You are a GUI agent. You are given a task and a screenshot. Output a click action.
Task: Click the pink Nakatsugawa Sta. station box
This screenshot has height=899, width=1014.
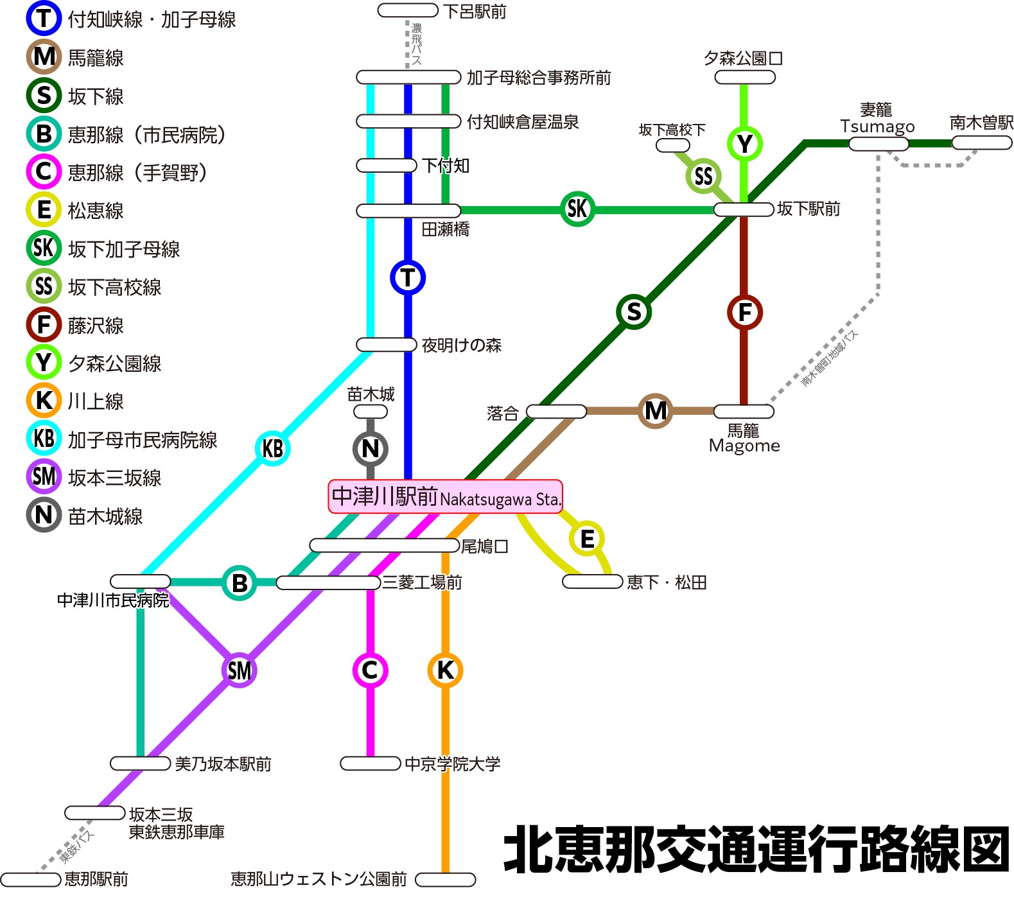(446, 496)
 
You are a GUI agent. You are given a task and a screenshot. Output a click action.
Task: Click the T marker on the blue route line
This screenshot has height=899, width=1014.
(408, 277)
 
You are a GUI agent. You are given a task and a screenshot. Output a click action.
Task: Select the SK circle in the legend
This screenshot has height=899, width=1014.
(44, 248)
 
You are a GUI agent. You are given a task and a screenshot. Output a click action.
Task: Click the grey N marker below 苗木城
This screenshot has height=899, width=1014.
(371, 448)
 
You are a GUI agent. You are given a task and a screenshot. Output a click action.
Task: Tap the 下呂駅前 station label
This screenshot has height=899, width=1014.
(475, 12)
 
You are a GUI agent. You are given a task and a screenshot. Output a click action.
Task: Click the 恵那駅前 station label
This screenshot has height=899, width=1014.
(96, 878)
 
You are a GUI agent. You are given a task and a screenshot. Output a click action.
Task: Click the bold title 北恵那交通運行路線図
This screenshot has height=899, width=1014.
(756, 849)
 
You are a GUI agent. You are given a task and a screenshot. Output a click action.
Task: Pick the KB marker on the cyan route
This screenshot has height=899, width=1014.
(273, 448)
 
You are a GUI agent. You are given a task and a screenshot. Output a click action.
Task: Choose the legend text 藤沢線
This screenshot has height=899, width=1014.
(96, 326)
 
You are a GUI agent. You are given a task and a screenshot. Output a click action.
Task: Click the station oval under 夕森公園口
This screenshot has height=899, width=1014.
(745, 78)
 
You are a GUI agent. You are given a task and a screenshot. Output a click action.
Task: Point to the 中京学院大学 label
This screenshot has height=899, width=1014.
(453, 764)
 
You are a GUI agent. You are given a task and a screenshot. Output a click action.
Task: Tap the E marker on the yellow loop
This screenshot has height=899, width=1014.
(587, 539)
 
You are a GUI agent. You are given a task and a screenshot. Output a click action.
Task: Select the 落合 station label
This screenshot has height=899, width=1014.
(503, 413)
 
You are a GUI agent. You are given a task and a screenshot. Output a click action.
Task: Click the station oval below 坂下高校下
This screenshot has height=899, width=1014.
(673, 145)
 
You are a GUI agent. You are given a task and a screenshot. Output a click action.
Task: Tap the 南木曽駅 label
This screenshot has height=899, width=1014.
(981, 122)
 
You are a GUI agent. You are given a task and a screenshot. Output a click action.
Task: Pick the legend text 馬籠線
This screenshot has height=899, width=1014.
(96, 58)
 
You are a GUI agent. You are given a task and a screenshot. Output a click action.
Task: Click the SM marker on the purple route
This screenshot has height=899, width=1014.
(240, 670)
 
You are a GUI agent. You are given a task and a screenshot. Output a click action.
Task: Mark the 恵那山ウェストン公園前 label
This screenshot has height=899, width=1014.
(319, 878)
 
